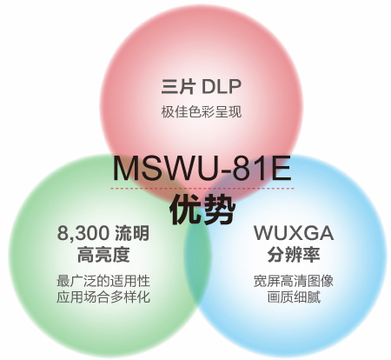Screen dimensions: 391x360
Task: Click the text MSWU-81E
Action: [x=202, y=169]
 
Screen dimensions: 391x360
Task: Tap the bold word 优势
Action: [x=202, y=210]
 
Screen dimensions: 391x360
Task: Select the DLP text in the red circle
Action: [x=221, y=86]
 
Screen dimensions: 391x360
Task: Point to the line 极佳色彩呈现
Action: [x=202, y=112]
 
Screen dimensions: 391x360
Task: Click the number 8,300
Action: [x=83, y=233]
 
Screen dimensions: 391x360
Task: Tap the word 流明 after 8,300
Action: [x=132, y=233]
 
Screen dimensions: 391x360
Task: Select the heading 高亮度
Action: [x=103, y=255]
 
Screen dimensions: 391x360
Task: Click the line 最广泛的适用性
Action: [x=103, y=281]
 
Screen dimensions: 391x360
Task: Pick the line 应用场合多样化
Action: [x=103, y=297]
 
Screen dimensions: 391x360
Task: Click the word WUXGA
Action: [x=294, y=233]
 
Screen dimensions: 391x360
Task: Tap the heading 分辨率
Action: [x=294, y=255]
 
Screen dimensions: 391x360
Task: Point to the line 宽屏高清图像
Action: [x=294, y=281]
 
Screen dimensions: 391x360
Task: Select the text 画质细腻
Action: [x=294, y=297]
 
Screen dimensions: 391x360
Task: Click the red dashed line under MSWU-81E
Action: [x=202, y=189]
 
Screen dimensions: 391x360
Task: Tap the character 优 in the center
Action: [x=185, y=210]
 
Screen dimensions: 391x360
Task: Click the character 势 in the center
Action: [x=219, y=210]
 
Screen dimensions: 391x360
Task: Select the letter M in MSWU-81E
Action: [x=125, y=169]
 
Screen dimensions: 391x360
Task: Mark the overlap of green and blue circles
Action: [x=197, y=261]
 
